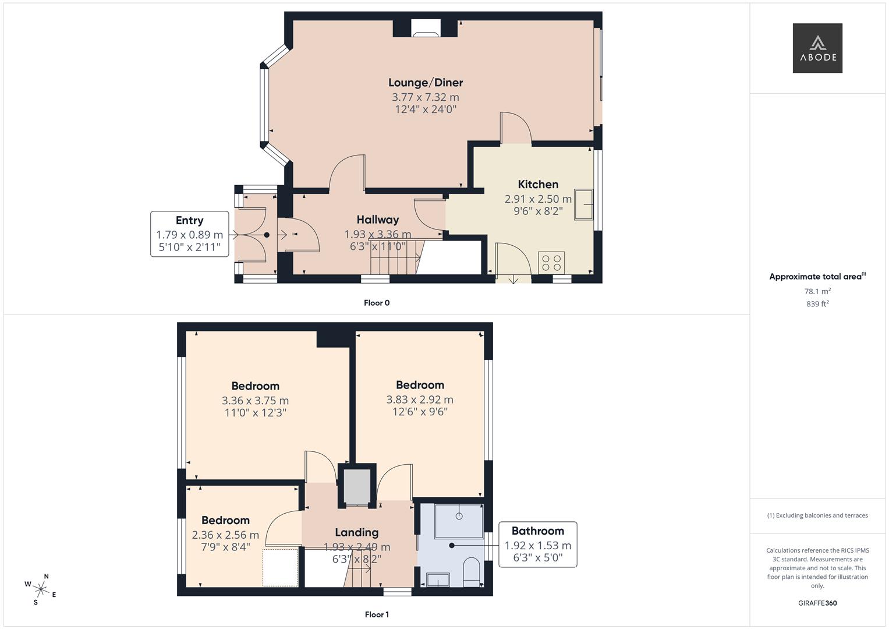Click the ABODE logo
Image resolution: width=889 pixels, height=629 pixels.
coord(817,48)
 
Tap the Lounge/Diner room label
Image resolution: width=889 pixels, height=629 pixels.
coord(426,83)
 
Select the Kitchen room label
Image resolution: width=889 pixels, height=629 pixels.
coord(538,185)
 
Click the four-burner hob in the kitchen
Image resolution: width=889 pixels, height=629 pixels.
coord(551,263)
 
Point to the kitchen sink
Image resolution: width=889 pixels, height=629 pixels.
coord(583,204)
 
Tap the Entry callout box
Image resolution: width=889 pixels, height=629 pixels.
coord(189,234)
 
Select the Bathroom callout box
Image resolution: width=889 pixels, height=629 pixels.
coord(537,545)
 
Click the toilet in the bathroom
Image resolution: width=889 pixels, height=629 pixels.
coord(471,571)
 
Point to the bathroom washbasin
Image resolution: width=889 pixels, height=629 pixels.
coord(437,579)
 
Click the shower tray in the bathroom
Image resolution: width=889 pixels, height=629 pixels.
coord(459,520)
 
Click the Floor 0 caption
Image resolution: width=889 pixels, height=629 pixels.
coord(377,303)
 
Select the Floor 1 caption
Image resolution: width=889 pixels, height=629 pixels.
coord(377,614)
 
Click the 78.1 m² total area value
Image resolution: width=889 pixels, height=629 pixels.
coord(817,291)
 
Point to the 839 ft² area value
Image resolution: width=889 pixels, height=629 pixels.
coord(817,304)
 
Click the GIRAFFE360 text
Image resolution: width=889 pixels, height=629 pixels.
coord(817,603)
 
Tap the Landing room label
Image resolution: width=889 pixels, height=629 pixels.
coord(356,532)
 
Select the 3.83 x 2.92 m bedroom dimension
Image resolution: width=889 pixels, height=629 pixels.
coord(420,400)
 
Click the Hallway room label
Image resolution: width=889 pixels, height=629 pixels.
coord(378,220)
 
